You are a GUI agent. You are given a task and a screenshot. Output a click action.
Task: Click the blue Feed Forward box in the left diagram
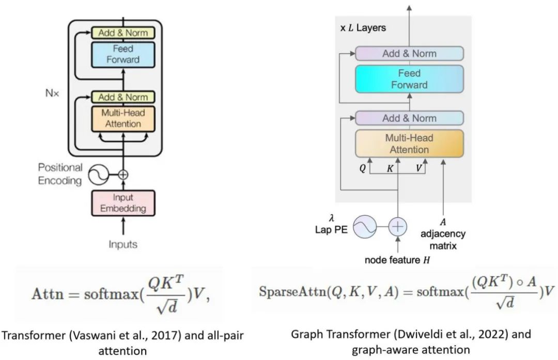pos(123,54)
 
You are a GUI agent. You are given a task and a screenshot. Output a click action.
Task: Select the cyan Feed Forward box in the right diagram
pos(409,79)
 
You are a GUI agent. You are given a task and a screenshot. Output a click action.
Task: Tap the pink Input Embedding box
pos(123,203)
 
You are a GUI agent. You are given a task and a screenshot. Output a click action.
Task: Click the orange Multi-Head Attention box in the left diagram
pos(123,118)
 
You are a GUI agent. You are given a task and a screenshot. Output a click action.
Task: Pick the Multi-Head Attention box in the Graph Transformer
pos(409,144)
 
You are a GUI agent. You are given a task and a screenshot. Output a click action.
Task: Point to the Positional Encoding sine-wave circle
pos(98,175)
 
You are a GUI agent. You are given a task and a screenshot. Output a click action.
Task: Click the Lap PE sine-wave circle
pos(364,226)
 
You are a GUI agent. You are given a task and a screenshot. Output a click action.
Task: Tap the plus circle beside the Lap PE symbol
pos(398,226)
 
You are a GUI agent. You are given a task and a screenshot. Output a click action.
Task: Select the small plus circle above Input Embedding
pos(123,175)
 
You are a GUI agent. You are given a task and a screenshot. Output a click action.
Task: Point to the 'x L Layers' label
pos(363,27)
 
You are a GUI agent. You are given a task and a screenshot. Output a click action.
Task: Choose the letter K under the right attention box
pos(391,168)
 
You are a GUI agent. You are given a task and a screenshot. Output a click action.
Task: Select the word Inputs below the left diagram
pos(123,244)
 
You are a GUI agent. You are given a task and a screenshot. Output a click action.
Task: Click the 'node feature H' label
pos(397,260)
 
